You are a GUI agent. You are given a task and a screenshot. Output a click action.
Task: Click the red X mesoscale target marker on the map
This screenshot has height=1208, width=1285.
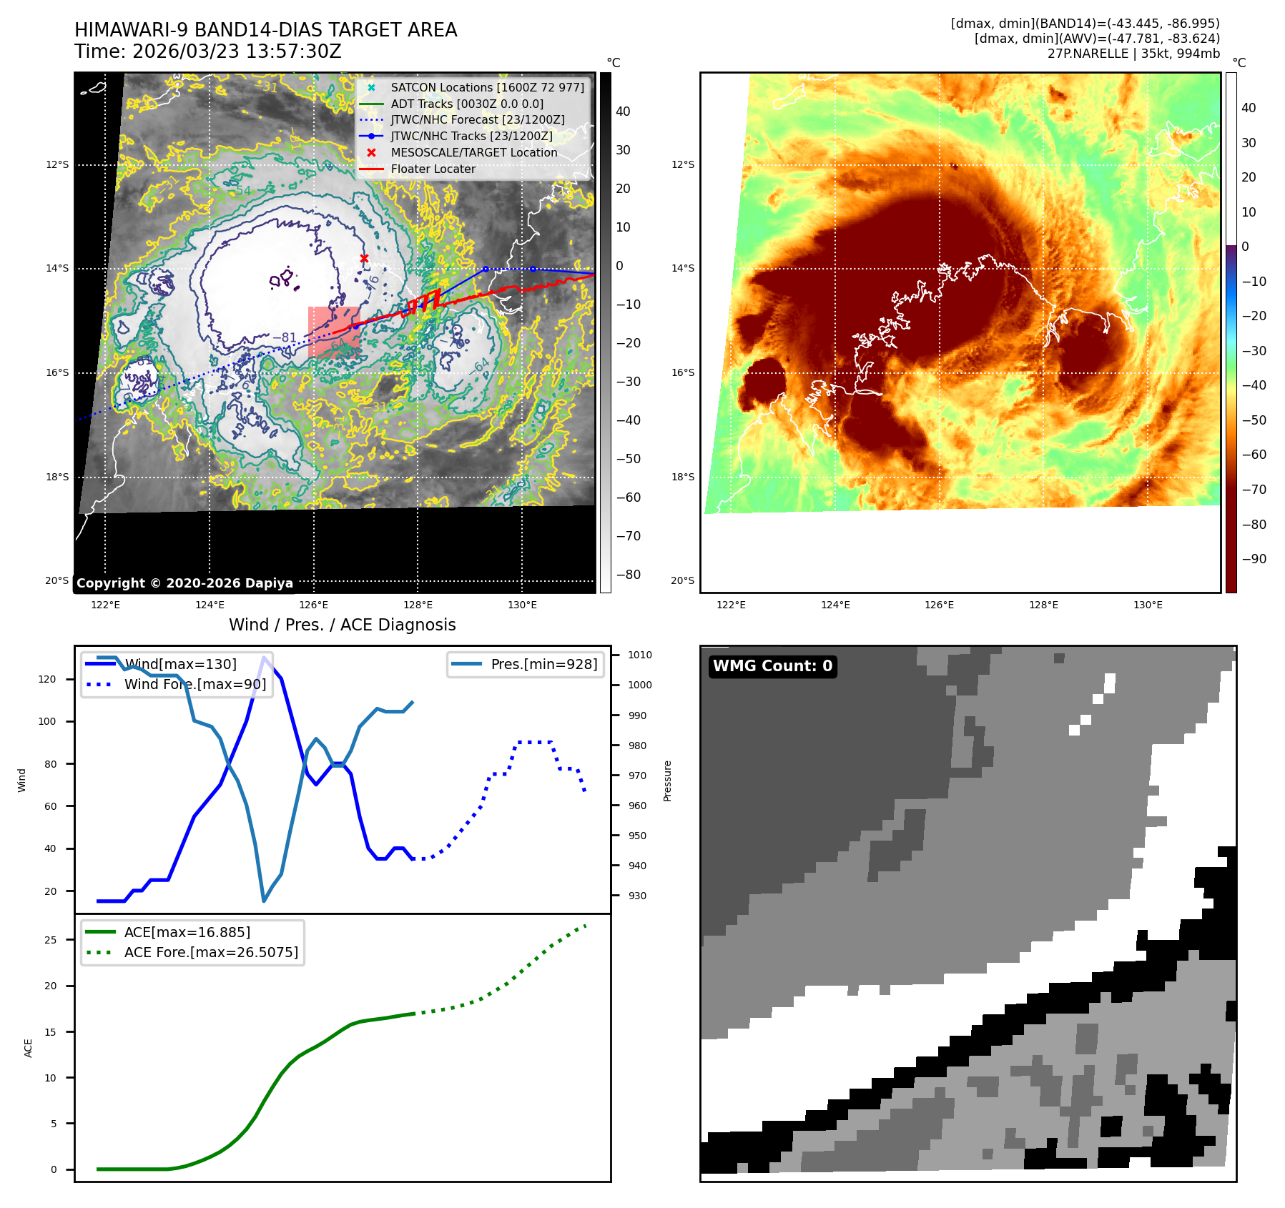click(x=364, y=258)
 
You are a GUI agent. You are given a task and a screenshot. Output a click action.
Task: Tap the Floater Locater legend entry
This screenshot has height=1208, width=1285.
click(x=433, y=169)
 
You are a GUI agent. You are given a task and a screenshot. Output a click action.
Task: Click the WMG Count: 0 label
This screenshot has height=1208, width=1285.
click(x=772, y=666)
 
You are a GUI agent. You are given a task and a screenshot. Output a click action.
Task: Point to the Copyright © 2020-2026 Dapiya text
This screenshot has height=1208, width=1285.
click(x=184, y=583)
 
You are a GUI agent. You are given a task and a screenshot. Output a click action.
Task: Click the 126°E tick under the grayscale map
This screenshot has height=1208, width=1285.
click(x=314, y=605)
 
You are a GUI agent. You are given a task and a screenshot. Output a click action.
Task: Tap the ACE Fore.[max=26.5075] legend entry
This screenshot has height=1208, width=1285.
click(x=211, y=952)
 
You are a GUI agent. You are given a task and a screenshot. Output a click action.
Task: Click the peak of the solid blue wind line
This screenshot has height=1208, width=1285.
click(x=265, y=657)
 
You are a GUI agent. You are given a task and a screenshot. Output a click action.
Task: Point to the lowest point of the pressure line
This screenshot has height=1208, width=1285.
click(x=264, y=901)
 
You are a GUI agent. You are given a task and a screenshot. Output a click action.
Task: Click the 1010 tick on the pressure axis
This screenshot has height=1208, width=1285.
click(x=640, y=655)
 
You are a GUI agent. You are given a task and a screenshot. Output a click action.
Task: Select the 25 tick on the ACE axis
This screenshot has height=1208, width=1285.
click(x=50, y=940)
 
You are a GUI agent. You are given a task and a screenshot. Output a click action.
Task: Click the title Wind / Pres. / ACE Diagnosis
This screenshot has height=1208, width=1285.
click(x=342, y=625)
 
